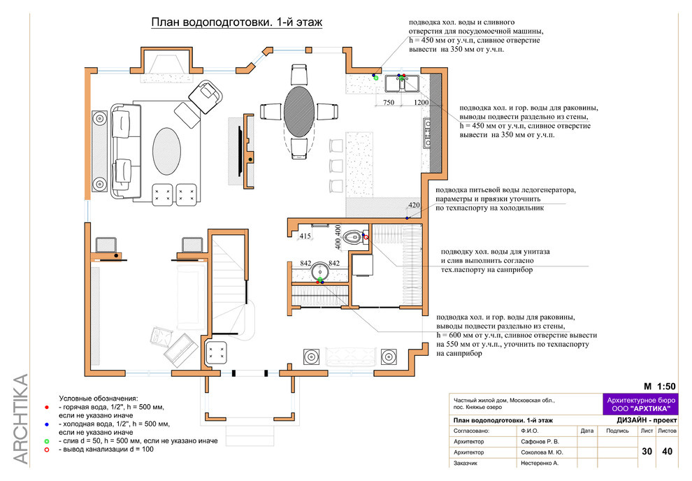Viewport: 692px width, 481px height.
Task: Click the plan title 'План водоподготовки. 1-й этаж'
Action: point(236,22)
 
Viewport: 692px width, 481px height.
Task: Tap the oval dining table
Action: point(299,110)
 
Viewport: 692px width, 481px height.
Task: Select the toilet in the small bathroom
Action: point(354,238)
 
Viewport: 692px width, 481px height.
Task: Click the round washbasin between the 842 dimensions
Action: point(320,271)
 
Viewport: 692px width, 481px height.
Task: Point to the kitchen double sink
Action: point(402,83)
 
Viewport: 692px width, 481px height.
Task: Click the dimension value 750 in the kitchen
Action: point(389,102)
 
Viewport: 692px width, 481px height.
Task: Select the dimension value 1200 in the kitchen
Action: point(421,102)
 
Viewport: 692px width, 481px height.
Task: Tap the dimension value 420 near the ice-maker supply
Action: point(414,205)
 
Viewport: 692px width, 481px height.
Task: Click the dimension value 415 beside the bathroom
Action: point(305,236)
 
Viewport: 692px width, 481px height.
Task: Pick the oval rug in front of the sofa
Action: point(167,150)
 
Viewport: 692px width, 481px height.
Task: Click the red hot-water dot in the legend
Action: point(47,408)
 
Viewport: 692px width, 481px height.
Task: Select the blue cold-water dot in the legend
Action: point(47,424)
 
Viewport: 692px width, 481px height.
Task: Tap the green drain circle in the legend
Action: point(47,441)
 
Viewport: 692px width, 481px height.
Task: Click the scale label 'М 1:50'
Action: point(659,387)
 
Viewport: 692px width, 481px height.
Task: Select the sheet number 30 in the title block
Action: point(647,451)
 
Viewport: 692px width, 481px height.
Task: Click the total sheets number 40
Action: point(667,451)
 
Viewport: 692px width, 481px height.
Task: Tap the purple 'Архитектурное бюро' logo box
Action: point(641,404)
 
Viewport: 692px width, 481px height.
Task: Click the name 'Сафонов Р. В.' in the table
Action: point(540,441)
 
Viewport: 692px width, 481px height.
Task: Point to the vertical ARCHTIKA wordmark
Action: point(20,419)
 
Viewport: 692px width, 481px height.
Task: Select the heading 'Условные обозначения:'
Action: point(99,399)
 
